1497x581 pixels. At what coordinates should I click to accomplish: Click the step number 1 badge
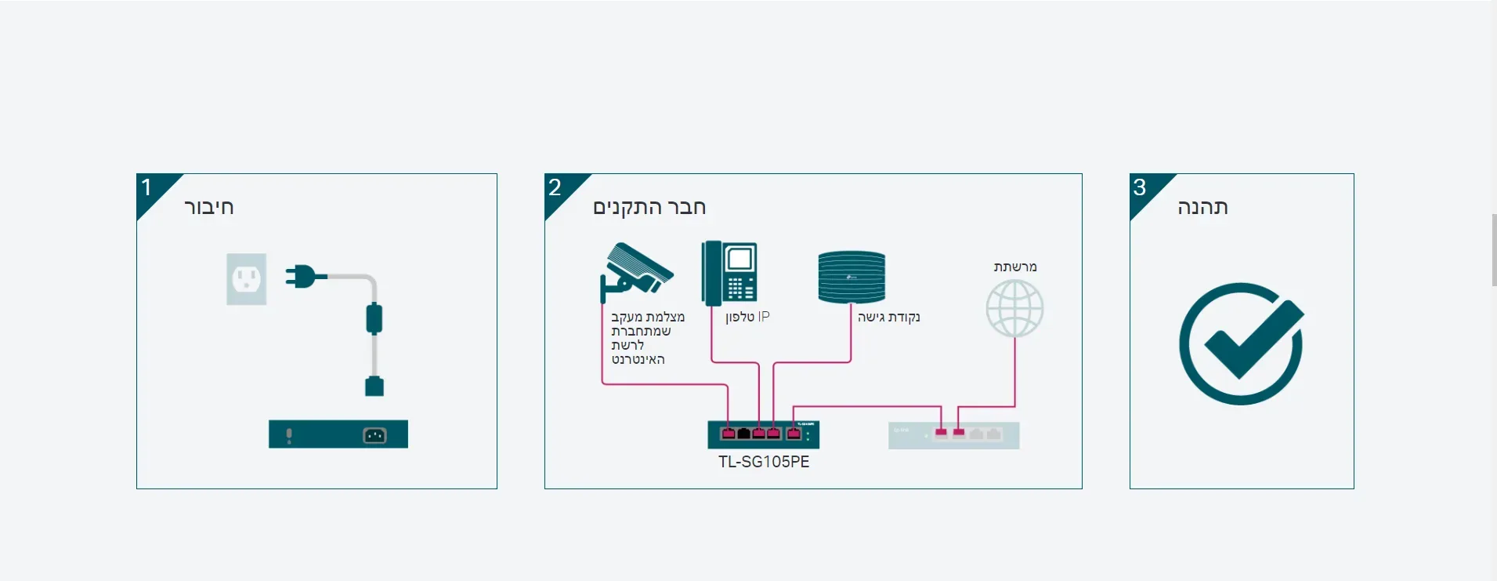tap(146, 187)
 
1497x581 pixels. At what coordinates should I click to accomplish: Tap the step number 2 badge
tap(555, 187)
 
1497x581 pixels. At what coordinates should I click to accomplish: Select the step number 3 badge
tap(1140, 187)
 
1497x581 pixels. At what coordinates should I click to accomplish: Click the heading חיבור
tap(209, 208)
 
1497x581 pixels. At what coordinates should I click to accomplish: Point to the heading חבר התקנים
tap(649, 208)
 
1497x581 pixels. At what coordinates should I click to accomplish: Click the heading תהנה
tap(1202, 208)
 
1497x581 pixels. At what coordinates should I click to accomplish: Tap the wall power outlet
tap(247, 279)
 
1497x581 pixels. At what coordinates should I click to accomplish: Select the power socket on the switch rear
tap(374, 435)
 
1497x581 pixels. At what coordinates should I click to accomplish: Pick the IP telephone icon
tap(729, 272)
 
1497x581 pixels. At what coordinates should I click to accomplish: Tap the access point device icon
tap(852, 277)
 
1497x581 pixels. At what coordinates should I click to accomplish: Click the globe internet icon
tap(1014, 309)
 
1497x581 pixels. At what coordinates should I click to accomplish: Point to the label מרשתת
tap(1015, 267)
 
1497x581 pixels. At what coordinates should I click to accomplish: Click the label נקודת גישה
tap(888, 317)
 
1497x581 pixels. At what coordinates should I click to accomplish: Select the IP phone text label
tap(747, 317)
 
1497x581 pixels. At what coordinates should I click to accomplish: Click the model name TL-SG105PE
tap(764, 462)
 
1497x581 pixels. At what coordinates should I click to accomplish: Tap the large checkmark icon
tap(1242, 343)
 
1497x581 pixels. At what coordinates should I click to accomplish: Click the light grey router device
tap(953, 435)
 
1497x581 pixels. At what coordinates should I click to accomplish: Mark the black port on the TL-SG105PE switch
tap(743, 433)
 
